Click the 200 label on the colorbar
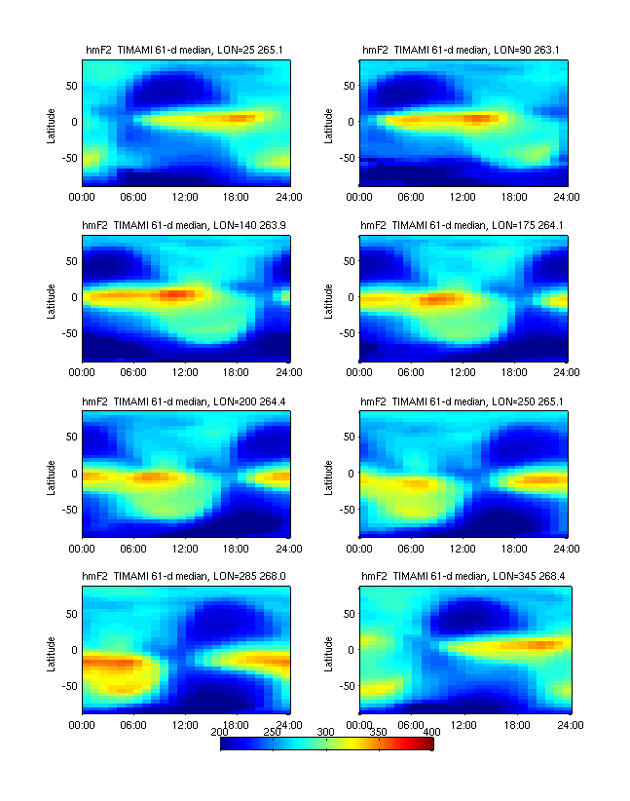pyautogui.click(x=220, y=731)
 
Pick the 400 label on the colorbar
pyautogui.click(x=432, y=731)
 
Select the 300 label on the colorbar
pyautogui.click(x=326, y=731)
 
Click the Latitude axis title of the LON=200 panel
pyautogui.click(x=52, y=474)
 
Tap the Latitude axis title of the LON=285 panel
pyautogui.click(x=52, y=650)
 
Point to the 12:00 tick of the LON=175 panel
pyautogui.click(x=463, y=371)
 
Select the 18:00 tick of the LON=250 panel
pyautogui.click(x=517, y=548)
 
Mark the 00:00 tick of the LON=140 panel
pyautogui.click(x=82, y=371)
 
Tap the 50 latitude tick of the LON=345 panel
pyautogui.click(x=349, y=614)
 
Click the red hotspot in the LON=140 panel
pyautogui.click(x=177, y=293)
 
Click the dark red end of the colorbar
pyautogui.click(x=428, y=744)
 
